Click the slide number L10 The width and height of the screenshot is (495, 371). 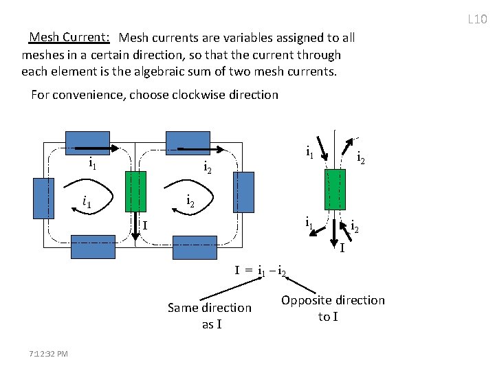(476, 19)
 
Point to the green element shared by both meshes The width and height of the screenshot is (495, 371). (136, 191)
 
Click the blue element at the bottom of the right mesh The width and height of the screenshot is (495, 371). (195, 247)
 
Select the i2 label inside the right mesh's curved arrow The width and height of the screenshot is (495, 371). (191, 201)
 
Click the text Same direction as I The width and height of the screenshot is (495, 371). (210, 315)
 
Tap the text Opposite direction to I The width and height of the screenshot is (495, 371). (333, 308)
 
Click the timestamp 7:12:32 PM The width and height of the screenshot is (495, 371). (49, 353)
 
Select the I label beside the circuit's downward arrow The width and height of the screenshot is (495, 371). (145, 224)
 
